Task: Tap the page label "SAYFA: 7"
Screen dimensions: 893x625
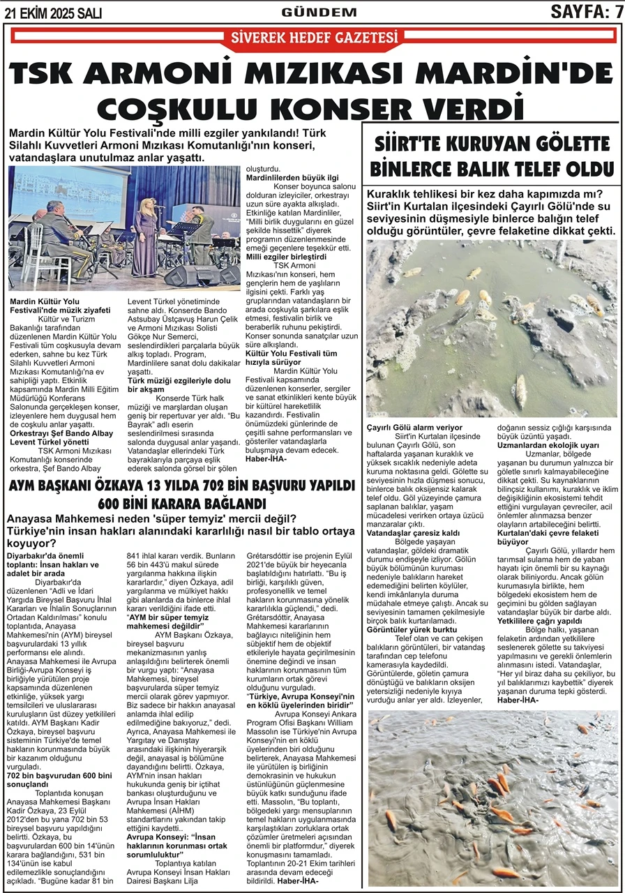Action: (586, 11)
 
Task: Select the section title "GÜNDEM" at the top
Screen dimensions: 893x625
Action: (319, 12)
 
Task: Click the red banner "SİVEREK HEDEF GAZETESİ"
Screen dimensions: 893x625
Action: (313, 37)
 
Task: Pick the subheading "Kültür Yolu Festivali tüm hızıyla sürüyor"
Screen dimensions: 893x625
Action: (291, 359)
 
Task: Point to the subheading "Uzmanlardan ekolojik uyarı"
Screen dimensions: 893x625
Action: (548, 444)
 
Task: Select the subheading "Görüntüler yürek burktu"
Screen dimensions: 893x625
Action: (408, 629)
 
